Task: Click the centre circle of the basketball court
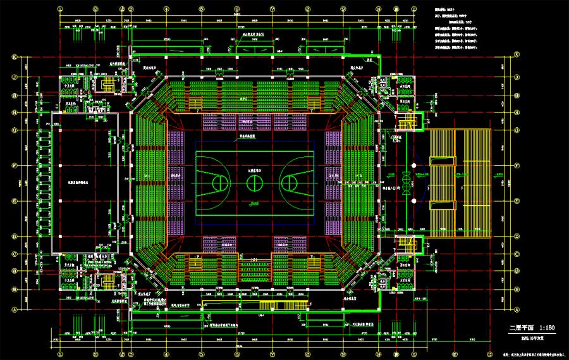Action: pos(255,183)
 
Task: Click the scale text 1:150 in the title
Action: pos(546,328)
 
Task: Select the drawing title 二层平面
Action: pos(522,328)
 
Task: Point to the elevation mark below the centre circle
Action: pos(254,203)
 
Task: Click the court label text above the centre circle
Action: pos(254,171)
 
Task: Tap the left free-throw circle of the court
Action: pos(220,183)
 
